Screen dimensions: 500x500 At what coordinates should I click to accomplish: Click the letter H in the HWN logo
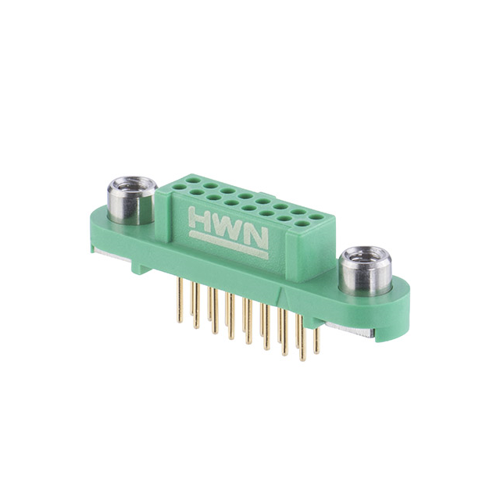pos(199,218)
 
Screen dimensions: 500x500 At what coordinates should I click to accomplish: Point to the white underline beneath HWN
pos(228,245)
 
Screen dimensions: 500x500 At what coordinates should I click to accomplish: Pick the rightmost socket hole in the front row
pos(301,223)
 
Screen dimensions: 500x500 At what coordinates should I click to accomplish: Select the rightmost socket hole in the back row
pos(316,217)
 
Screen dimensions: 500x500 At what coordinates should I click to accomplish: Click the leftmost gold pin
pos(180,300)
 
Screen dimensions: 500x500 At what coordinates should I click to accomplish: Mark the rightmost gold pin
pos(316,341)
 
